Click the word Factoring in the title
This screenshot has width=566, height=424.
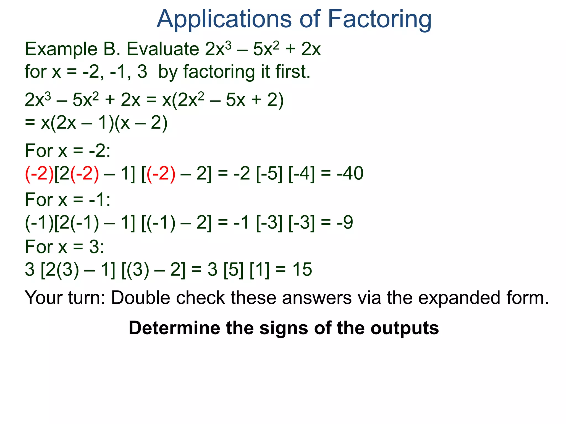pos(379,19)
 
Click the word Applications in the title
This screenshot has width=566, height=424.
pos(224,19)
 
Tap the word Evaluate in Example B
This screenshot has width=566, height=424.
pos(163,49)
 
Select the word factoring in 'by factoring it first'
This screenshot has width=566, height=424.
pos(219,72)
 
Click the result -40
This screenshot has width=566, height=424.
pos(350,174)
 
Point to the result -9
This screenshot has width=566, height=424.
pos(345,222)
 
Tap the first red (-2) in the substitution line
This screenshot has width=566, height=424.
pos(39,174)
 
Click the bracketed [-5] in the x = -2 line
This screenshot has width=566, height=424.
pos(269,174)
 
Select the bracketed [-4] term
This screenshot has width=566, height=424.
pos(302,174)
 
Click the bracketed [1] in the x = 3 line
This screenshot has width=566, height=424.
pos(260,269)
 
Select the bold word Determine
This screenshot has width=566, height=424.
pos(175,328)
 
